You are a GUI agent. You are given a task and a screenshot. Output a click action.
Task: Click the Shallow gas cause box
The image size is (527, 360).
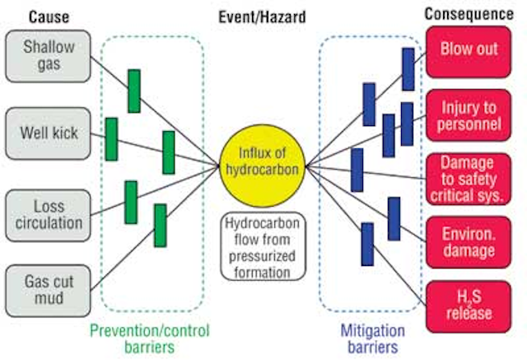point(48,56)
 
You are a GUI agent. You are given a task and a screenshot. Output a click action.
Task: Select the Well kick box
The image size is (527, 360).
point(48,133)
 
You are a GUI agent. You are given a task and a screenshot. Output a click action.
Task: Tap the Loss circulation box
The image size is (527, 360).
point(48,216)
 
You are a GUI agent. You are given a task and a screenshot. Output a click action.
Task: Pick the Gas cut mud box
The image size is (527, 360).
point(48,291)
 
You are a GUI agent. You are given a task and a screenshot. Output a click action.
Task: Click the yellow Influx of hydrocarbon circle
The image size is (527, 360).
point(262,166)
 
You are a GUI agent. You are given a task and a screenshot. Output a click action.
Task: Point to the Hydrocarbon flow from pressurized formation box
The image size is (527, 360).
point(263,246)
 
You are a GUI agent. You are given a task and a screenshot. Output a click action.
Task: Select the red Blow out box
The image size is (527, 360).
point(469,52)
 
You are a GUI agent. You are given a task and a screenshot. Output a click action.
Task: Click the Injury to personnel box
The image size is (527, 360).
point(469,115)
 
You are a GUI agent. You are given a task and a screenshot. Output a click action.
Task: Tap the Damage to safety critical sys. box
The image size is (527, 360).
point(469,179)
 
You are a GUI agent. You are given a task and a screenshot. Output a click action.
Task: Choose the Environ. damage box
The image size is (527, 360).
point(469,242)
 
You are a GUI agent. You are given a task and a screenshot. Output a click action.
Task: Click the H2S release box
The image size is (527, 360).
point(469,307)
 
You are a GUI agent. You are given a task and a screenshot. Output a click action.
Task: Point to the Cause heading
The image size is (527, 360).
point(49,16)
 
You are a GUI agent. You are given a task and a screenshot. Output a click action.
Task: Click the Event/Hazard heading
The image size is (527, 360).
point(262,16)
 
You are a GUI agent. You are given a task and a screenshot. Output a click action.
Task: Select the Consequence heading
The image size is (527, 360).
point(469,14)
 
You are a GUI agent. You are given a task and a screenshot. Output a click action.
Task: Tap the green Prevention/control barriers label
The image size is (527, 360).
point(150,339)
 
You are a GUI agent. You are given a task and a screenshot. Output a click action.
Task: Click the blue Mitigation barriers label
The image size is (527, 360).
point(373,339)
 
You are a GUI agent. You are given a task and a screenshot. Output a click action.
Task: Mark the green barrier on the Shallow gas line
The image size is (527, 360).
point(134,91)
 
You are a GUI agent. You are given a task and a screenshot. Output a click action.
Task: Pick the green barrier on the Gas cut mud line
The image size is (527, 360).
point(161,226)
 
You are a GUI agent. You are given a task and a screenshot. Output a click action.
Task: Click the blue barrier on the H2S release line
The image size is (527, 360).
point(367,245)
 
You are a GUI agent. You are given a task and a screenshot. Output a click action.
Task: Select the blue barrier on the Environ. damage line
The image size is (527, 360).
point(394,219)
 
